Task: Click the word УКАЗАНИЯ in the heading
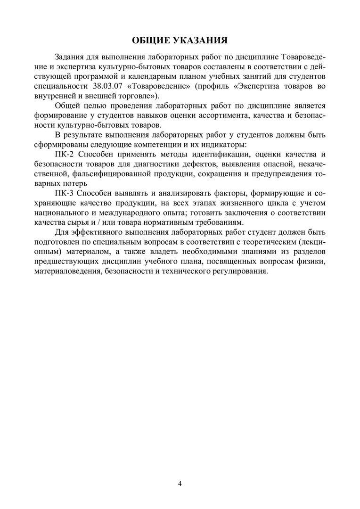tap(204, 39)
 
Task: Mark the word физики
tap(312, 262)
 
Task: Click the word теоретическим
tap(256, 242)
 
